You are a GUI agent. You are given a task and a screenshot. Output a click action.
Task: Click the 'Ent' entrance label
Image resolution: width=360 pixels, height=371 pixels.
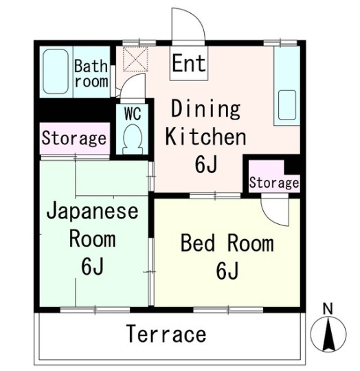[188, 63]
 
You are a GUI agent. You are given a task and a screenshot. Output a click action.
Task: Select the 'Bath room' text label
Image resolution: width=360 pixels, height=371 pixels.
[91, 74]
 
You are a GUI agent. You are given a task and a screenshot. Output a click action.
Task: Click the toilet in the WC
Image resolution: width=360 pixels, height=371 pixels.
[132, 139]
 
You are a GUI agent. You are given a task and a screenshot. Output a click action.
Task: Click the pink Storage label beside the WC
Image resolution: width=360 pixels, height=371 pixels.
[74, 139]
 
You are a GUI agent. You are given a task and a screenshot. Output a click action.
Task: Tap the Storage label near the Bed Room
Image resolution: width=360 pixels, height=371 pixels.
[273, 183]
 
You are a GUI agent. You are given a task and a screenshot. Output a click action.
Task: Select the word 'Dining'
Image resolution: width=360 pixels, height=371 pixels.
[205, 109]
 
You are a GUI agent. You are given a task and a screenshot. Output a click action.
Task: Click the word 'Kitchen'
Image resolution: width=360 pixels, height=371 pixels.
[205, 137]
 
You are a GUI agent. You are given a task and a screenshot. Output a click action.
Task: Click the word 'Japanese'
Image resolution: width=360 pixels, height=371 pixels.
[92, 210]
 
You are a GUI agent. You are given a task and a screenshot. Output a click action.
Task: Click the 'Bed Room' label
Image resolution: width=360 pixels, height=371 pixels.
[227, 243]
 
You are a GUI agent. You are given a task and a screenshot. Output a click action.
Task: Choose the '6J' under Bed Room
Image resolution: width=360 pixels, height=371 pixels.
[227, 271]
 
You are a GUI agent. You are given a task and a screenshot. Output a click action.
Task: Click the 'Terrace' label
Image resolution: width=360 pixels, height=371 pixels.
[166, 335]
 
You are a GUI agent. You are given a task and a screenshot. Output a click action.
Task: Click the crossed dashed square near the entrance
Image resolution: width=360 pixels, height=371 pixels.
[135, 59]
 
